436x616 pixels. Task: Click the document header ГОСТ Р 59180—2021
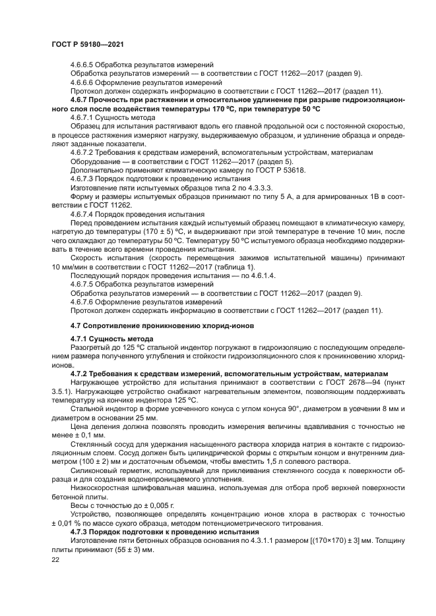coord(88,44)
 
